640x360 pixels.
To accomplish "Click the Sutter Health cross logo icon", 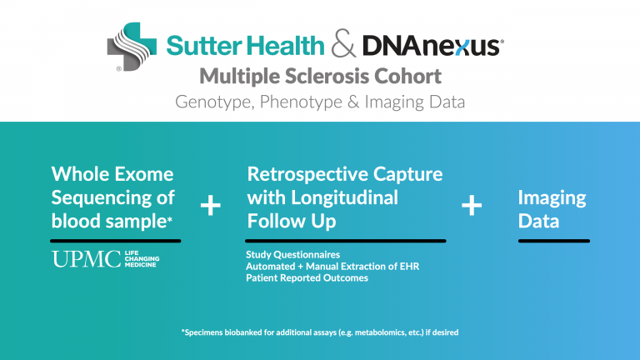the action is click(132, 47).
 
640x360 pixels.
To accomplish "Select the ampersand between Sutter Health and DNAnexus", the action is click(343, 43).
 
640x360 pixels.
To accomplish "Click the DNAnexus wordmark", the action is click(432, 45).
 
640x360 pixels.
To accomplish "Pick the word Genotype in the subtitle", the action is click(215, 102).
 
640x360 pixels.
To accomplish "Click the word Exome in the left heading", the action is click(143, 174).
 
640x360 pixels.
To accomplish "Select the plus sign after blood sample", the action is click(211, 205).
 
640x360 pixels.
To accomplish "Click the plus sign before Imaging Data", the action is click(472, 205).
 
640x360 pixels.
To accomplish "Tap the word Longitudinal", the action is click(344, 198).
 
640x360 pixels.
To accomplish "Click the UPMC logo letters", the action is click(86, 259).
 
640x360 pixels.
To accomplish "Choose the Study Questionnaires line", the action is click(293, 255).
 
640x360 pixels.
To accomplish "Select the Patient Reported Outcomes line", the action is click(307, 278).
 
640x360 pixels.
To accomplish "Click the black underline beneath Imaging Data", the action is click(554, 241).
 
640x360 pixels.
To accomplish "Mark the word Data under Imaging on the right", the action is click(538, 221).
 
